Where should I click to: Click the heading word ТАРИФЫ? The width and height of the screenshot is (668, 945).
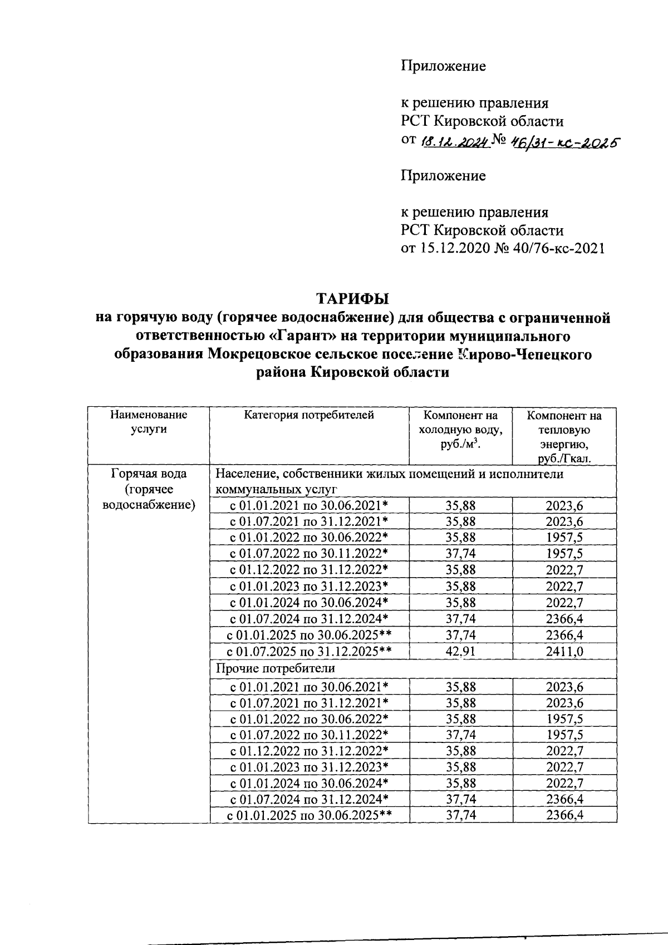click(x=352, y=299)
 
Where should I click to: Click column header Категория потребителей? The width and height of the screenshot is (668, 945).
click(x=309, y=415)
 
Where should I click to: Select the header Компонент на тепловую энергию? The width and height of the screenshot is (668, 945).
click(x=564, y=437)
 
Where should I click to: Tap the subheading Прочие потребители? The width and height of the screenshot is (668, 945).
click(x=276, y=668)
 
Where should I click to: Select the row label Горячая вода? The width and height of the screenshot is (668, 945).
click(x=149, y=474)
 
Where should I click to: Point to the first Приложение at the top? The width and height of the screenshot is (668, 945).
click(x=443, y=66)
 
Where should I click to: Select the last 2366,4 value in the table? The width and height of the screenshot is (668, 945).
click(x=564, y=815)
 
